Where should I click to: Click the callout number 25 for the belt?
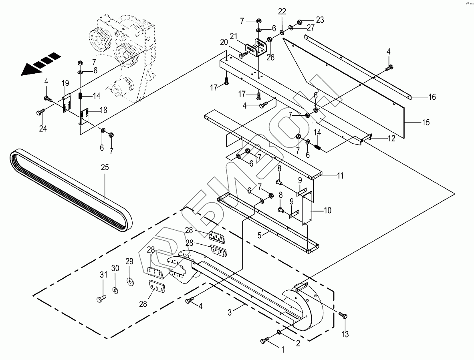[x=105, y=167]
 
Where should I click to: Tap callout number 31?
[x=103, y=275]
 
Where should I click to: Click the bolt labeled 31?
[x=101, y=298]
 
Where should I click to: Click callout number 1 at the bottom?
[x=282, y=350]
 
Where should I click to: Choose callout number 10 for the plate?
[x=327, y=210]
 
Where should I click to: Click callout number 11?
[x=340, y=175]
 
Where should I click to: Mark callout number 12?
[x=391, y=139]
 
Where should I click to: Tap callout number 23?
[x=320, y=20]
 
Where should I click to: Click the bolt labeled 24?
[x=41, y=113]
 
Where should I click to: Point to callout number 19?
[x=65, y=83]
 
